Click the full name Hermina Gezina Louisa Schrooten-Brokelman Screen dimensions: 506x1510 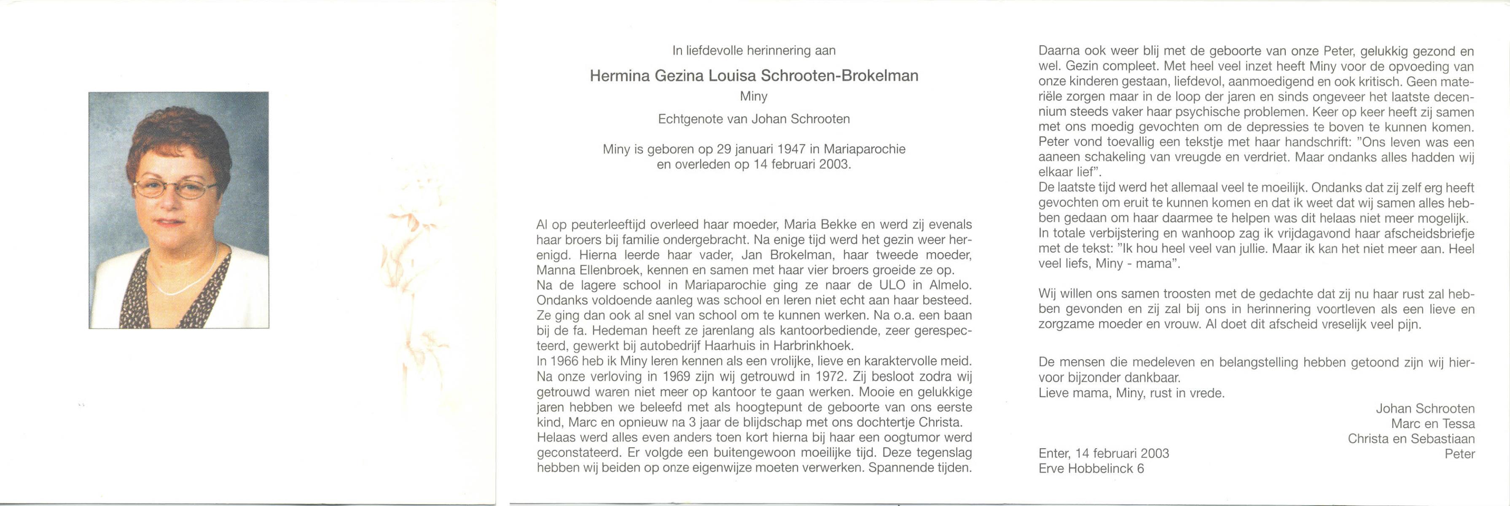754,75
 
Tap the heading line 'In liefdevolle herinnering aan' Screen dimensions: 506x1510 754,51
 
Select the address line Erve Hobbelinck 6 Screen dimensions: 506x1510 1091,468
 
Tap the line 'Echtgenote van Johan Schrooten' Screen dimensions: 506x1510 754,119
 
